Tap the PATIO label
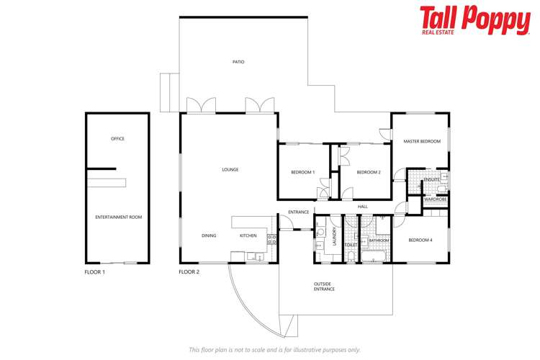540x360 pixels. point(238,62)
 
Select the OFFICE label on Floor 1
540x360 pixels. point(117,138)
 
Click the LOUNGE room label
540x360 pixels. point(230,169)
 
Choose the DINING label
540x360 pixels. point(209,235)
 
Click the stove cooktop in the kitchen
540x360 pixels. point(272,239)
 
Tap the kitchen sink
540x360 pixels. point(253,256)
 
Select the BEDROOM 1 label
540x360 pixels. point(302,172)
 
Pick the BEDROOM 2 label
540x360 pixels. point(369,172)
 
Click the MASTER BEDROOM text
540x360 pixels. point(421,141)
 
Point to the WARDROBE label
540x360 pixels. point(435,199)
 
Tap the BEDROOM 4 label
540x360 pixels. point(420,240)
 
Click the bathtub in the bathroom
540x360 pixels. point(373,256)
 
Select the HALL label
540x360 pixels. point(362,207)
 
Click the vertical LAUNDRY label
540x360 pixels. point(336,238)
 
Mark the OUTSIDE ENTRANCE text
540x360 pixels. point(324,287)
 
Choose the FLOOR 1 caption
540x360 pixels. point(95,272)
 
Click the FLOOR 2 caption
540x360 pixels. point(189,272)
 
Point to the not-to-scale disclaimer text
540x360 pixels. point(274,349)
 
